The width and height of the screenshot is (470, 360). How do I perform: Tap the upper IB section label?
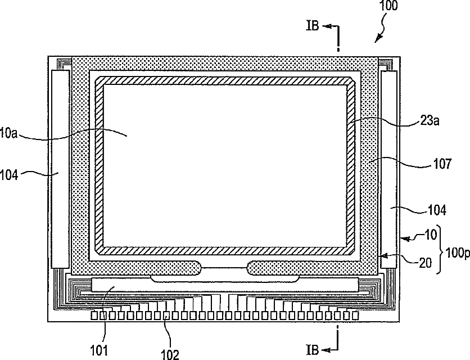[x=313, y=25]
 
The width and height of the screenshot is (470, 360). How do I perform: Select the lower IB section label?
[x=313, y=349]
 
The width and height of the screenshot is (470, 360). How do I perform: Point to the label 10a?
[x=8, y=133]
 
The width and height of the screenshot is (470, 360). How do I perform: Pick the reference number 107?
[x=442, y=164]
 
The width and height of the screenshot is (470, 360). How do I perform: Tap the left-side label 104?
[x=9, y=174]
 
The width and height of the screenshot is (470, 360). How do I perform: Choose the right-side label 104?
[x=437, y=210]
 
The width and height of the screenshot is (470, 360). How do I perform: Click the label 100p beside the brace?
[x=458, y=253]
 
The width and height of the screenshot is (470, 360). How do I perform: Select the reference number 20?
[x=426, y=263]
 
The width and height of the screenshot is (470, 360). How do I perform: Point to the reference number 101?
[x=99, y=350]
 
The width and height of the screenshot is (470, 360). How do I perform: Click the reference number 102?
[x=170, y=354]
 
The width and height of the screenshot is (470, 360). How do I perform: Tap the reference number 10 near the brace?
[x=431, y=235]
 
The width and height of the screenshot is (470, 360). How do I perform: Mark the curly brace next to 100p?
[x=440, y=249]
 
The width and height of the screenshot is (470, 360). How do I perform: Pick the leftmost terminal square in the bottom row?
[x=94, y=316]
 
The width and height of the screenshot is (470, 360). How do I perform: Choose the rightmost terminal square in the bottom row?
[x=355, y=316]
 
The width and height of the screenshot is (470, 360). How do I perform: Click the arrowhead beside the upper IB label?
[x=326, y=26]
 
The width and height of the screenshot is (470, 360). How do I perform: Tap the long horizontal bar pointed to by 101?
[x=225, y=285]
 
